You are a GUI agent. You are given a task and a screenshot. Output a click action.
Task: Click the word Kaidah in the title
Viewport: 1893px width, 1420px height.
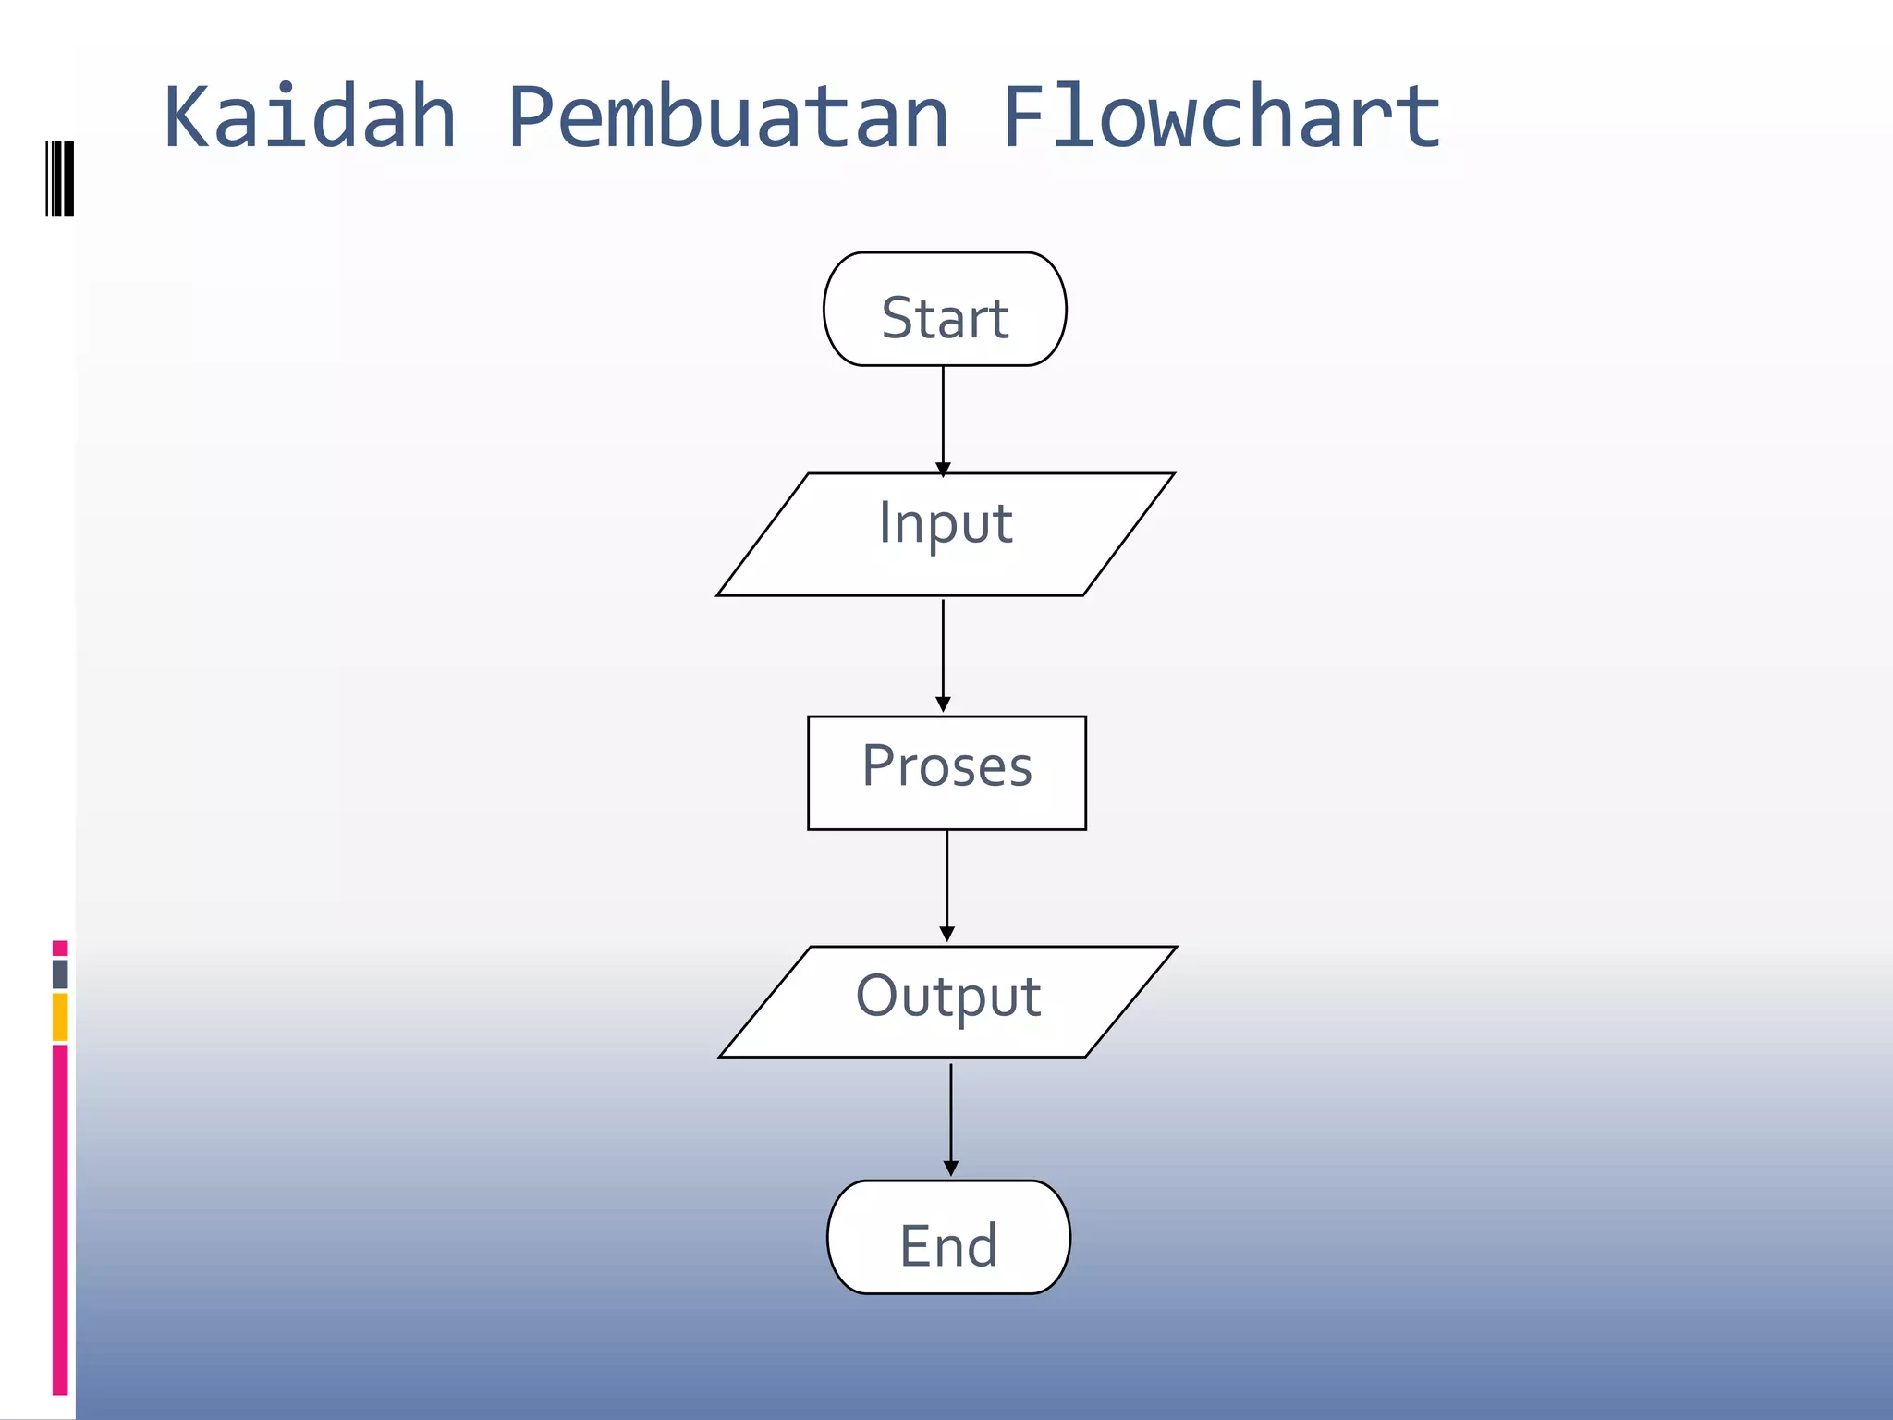pos(311,117)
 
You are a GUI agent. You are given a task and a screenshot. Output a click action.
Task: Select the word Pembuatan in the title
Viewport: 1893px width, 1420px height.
pos(728,117)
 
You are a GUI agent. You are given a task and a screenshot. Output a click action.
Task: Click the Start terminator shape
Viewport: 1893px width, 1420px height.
pos(945,310)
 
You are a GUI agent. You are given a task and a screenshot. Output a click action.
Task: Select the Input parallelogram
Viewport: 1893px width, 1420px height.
pos(945,534)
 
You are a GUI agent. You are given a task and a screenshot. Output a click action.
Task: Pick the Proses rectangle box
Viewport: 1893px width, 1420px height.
pos(946,773)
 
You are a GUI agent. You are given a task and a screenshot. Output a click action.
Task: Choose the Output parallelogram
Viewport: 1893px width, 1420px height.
pos(947,1001)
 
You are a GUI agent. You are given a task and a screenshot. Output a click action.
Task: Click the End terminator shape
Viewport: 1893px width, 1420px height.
pos(948,1237)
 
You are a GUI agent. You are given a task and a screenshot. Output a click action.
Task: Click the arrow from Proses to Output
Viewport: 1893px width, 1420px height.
pos(946,883)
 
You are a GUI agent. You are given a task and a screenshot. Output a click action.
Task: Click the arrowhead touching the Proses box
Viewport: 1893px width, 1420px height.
pos(943,705)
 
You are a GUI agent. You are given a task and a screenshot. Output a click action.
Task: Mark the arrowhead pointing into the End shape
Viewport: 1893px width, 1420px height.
pos(950,1169)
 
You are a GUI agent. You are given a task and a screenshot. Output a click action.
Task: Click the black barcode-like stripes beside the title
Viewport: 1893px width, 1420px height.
pos(60,178)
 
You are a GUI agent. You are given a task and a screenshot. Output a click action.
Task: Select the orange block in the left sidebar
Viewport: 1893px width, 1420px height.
pos(60,1016)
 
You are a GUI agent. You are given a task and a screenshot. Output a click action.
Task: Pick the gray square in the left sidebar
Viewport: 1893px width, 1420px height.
pos(60,973)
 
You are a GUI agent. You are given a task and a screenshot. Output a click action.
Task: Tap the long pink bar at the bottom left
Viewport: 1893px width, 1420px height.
pos(60,1218)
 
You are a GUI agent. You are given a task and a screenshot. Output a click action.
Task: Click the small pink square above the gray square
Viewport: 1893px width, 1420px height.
pos(60,948)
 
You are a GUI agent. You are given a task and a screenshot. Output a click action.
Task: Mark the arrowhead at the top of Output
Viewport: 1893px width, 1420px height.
pos(946,935)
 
